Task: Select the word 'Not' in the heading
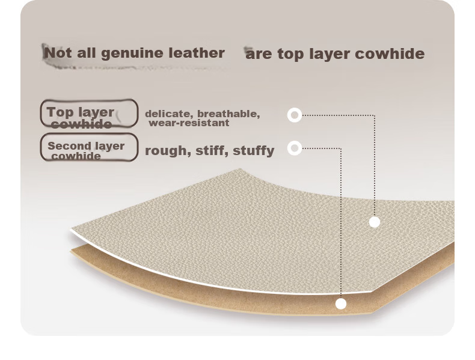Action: tap(58, 53)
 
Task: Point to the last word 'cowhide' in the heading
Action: tap(390, 53)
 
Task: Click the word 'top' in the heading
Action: tap(291, 55)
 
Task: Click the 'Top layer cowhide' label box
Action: tap(89, 113)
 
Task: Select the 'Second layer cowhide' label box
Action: tap(89, 147)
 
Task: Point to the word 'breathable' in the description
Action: tap(228, 114)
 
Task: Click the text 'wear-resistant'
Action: tap(189, 123)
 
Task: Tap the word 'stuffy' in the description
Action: tap(254, 151)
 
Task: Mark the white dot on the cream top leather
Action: tap(375, 222)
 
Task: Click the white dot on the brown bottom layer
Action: tap(341, 304)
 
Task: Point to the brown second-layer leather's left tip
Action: tap(70, 251)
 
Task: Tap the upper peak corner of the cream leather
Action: tap(241, 169)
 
